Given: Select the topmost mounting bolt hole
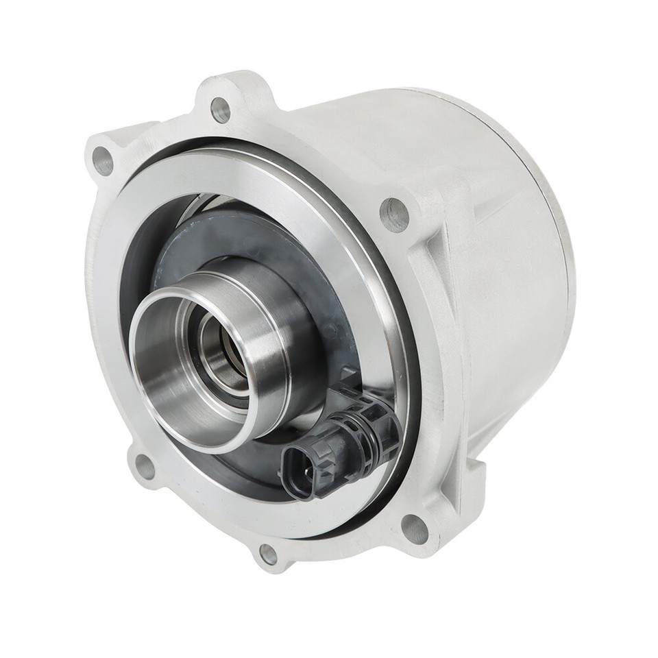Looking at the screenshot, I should tap(220, 110).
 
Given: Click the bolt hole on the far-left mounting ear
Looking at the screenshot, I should tap(103, 162).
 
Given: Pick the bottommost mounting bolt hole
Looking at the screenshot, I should tap(268, 555).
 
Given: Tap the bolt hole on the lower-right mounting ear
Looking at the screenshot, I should tap(414, 528).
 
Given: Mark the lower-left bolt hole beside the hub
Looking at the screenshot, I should tap(145, 467).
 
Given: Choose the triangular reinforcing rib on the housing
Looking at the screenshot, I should tap(439, 274).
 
